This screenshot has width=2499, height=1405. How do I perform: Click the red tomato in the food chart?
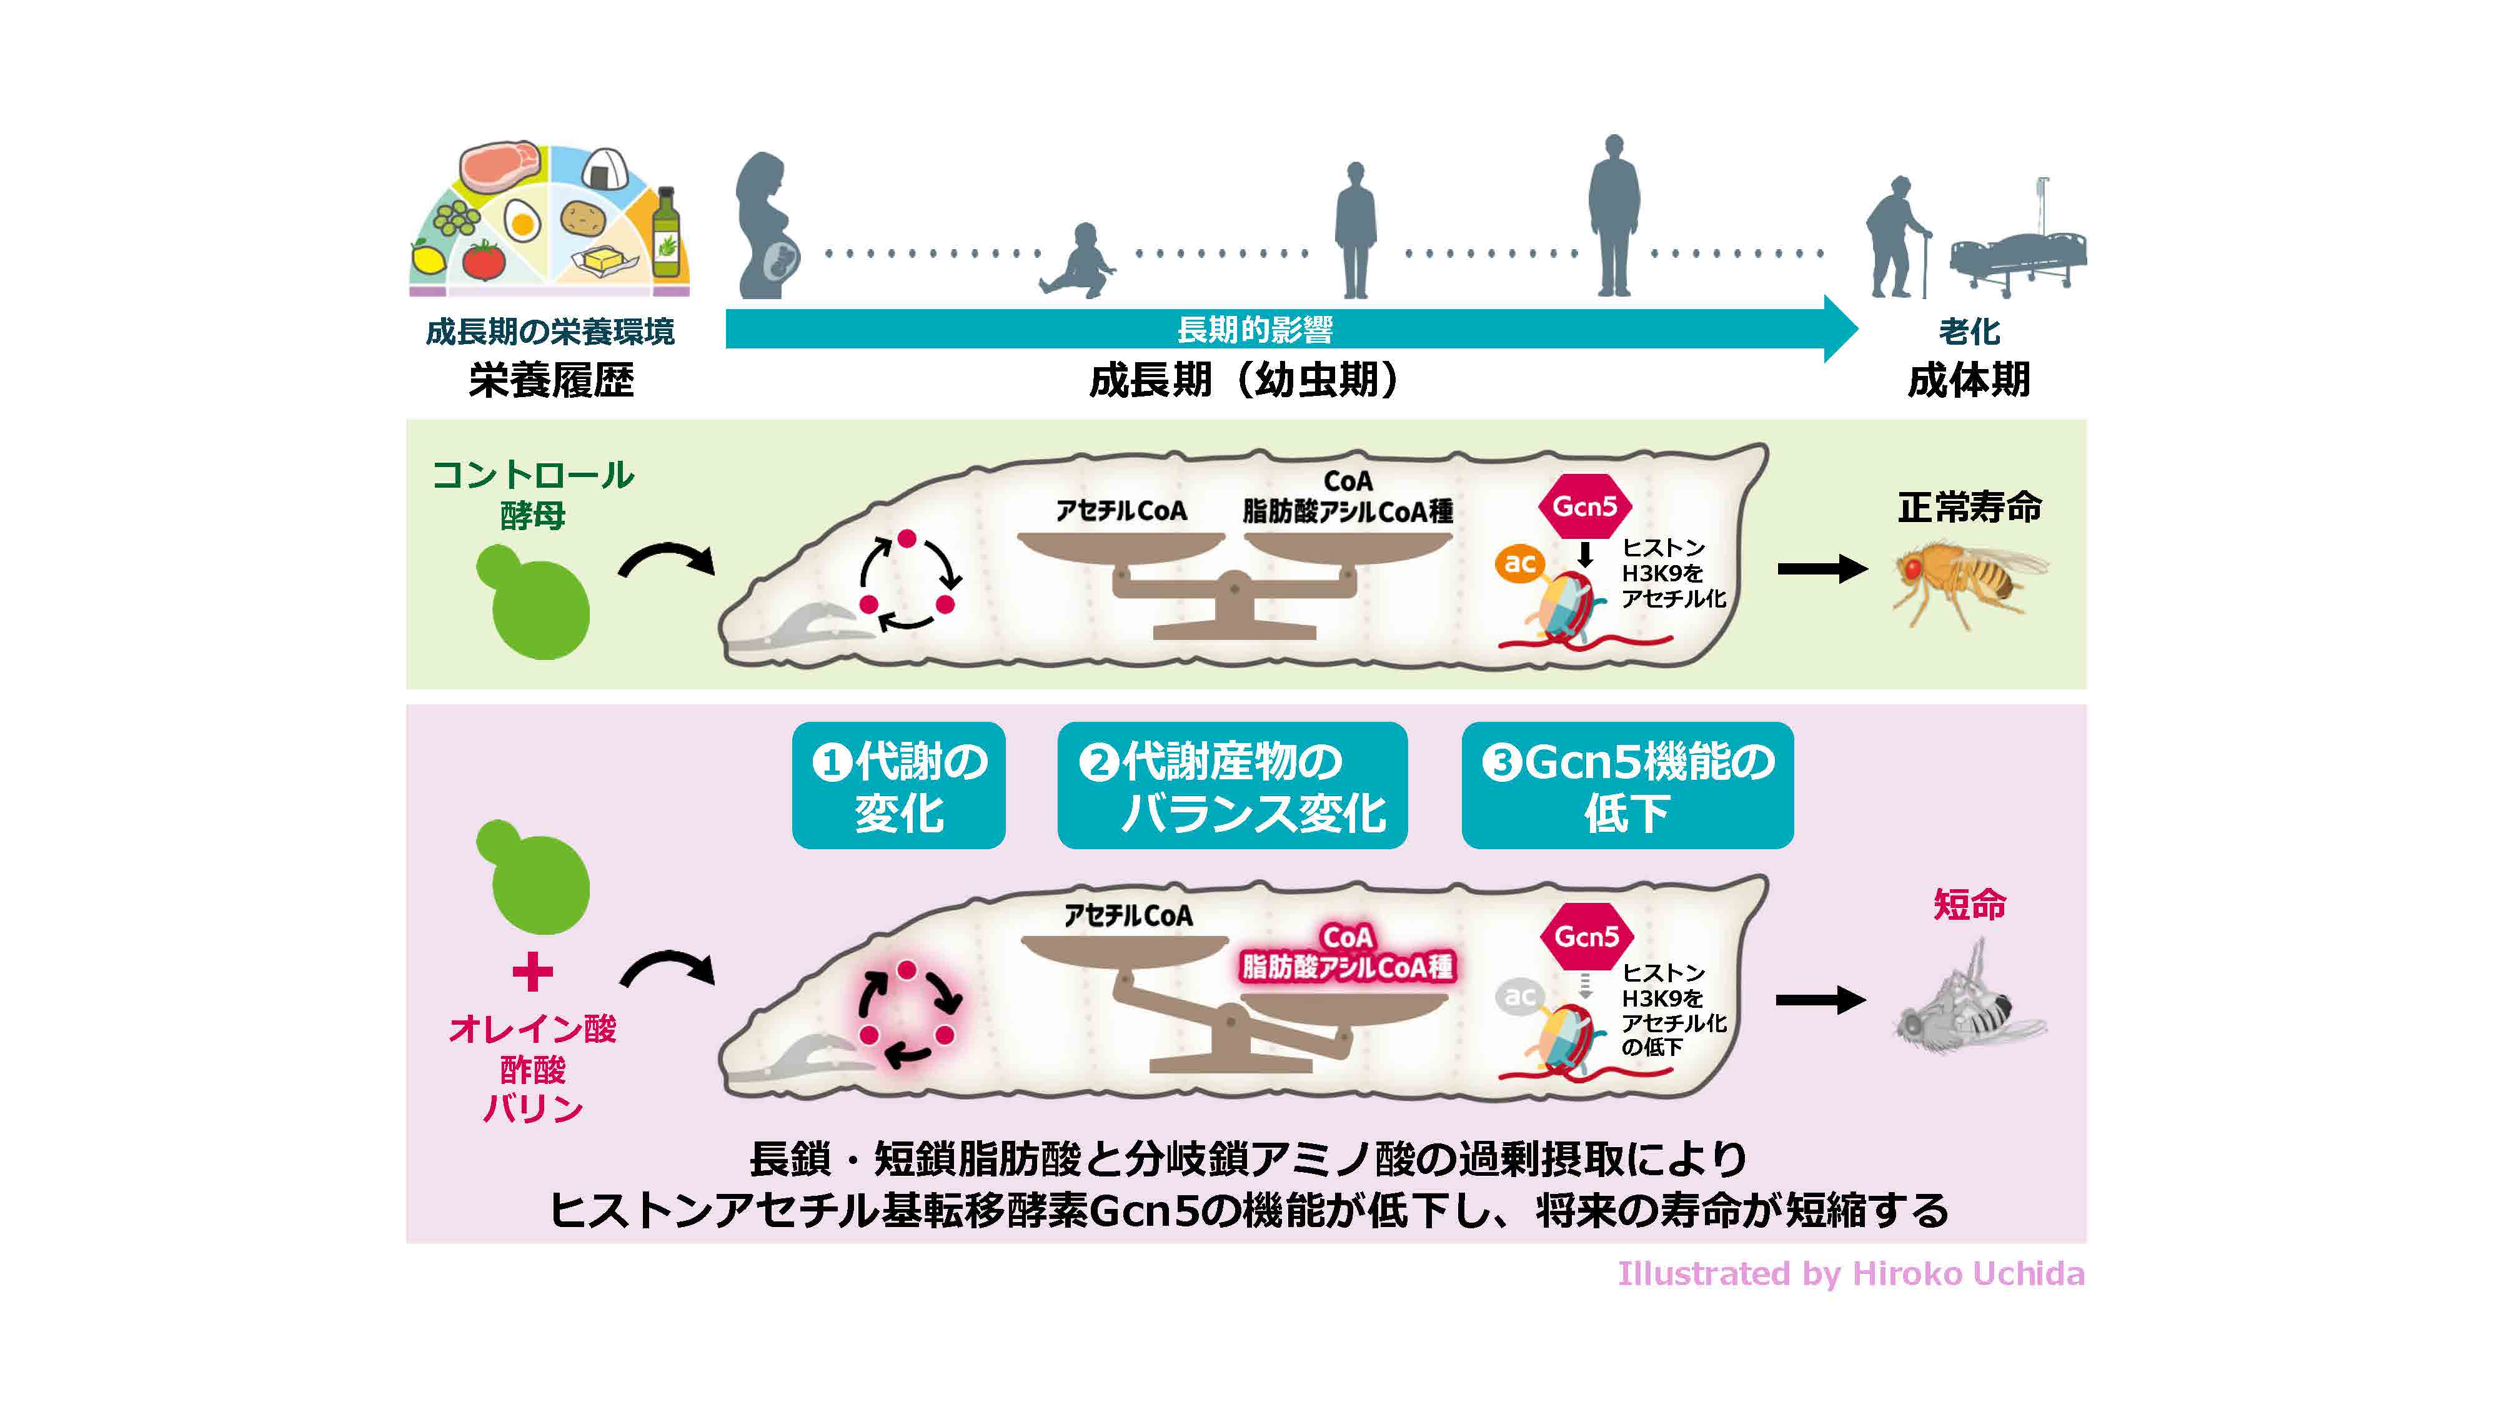[482, 260]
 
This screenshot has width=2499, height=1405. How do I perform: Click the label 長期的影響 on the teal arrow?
[1254, 330]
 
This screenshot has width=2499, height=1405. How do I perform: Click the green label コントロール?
[532, 475]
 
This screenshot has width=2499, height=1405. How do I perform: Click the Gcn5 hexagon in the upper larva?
[1585, 506]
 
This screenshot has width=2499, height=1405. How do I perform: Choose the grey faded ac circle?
[1519, 996]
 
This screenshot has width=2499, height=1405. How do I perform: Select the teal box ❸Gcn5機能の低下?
[1627, 786]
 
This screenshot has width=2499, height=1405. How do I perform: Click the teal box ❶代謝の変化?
[898, 786]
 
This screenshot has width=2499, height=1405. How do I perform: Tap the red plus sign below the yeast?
[532, 972]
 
